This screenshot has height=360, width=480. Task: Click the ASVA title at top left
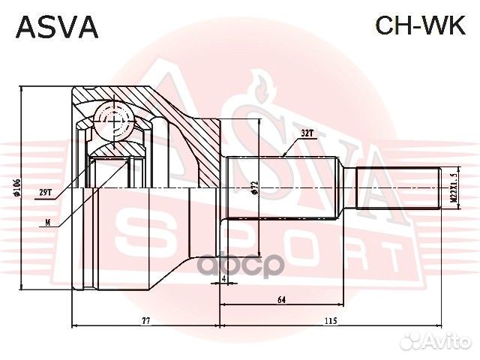coord(57,26)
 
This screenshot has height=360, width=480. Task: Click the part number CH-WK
coord(420,26)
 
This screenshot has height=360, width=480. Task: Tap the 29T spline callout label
coord(44,192)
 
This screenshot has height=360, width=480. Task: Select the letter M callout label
coord(48,221)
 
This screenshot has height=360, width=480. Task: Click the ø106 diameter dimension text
coord(16,187)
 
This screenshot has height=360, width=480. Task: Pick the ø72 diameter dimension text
coord(255,187)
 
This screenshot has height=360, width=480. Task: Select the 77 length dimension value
coord(146,321)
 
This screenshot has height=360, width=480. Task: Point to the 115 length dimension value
coord(330,321)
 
